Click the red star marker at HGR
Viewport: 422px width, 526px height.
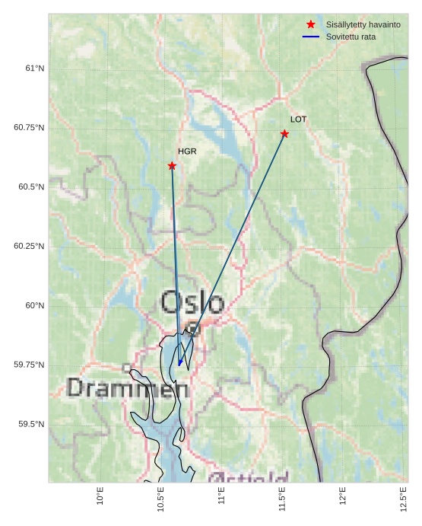[172, 166]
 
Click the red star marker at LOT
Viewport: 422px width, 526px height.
[284, 134]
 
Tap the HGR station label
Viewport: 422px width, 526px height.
[187, 151]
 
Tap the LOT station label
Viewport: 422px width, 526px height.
[298, 120]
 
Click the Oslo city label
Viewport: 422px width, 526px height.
[192, 302]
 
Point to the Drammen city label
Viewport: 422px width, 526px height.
[127, 388]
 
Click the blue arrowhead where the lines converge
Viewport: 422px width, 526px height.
[179, 362]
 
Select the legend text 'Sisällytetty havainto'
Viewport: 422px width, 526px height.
[363, 25]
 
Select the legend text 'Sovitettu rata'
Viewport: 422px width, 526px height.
[351, 37]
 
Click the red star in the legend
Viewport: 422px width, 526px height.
[310, 25]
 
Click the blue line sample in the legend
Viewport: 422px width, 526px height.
[310, 37]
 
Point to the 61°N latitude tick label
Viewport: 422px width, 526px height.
[34, 69]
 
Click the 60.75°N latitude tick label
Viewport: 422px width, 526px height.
[29, 128]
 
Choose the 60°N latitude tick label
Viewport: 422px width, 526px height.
[34, 306]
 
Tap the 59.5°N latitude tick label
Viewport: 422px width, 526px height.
[31, 425]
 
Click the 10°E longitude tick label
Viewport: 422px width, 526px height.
[100, 497]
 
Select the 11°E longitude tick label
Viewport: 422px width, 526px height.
[221, 497]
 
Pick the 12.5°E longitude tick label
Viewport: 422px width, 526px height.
[403, 499]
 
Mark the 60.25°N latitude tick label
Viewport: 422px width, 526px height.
[29, 247]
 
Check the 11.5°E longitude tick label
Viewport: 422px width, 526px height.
[282, 499]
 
